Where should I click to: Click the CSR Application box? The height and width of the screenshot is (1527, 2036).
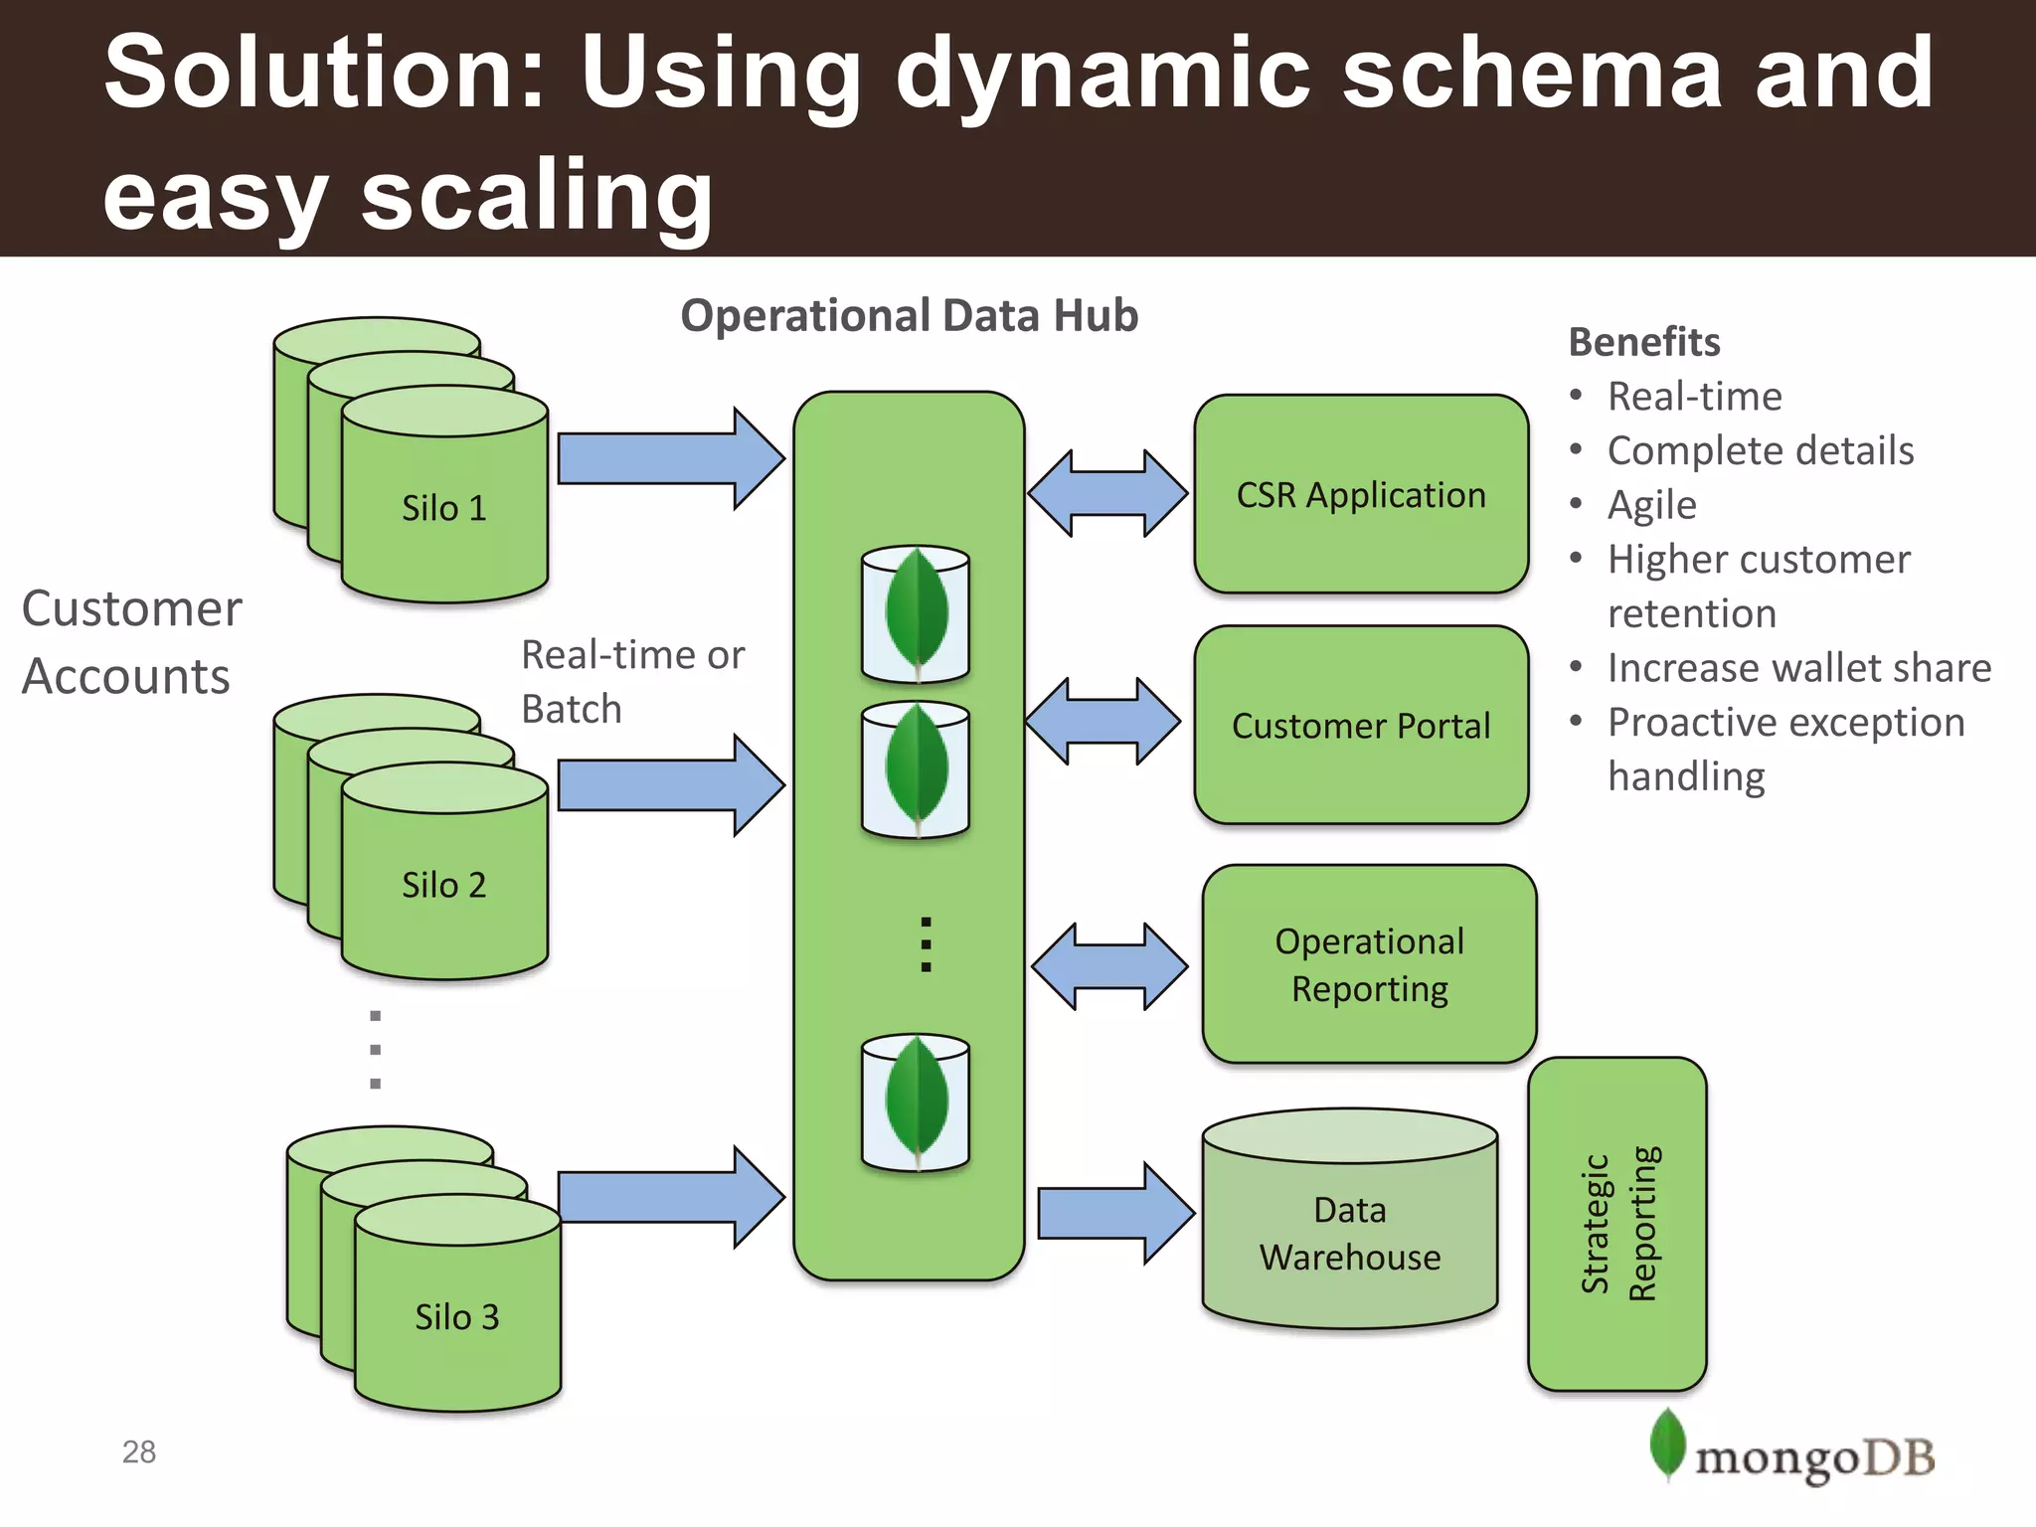pyautogui.click(x=1360, y=494)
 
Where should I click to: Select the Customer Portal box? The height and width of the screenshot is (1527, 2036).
pyautogui.click(x=1360, y=725)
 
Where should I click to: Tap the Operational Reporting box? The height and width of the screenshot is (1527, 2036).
pyautogui.click(x=1369, y=963)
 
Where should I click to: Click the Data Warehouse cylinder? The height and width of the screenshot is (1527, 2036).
pyautogui.click(x=1349, y=1233)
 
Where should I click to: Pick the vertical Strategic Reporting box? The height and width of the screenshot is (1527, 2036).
pyautogui.click(x=1616, y=1223)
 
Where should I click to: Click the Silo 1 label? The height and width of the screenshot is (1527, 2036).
pyautogui.click(x=443, y=508)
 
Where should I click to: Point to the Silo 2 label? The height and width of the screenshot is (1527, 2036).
pyautogui.click(x=443, y=885)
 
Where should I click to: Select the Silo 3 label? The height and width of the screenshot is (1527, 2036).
pyautogui.click(x=456, y=1317)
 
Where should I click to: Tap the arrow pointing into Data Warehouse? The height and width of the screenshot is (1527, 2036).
pyautogui.click(x=1114, y=1213)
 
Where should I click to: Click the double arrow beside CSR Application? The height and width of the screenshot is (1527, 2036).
pyautogui.click(x=1107, y=493)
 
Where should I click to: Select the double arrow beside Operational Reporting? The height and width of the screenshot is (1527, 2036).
pyautogui.click(x=1109, y=966)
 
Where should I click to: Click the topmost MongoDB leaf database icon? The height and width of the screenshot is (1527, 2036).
pyautogui.click(x=916, y=613)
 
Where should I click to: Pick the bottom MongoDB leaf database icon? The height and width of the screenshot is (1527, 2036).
pyautogui.click(x=916, y=1102)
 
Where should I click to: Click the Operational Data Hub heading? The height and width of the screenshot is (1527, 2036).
pyautogui.click(x=909, y=315)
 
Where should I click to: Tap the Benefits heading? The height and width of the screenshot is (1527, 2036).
pyautogui.click(x=1643, y=342)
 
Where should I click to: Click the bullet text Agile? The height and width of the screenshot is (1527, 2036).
pyautogui.click(x=1651, y=505)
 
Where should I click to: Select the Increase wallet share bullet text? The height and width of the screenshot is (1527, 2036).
pyautogui.click(x=1798, y=668)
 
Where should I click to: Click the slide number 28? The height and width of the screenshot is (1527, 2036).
pyautogui.click(x=139, y=1451)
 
